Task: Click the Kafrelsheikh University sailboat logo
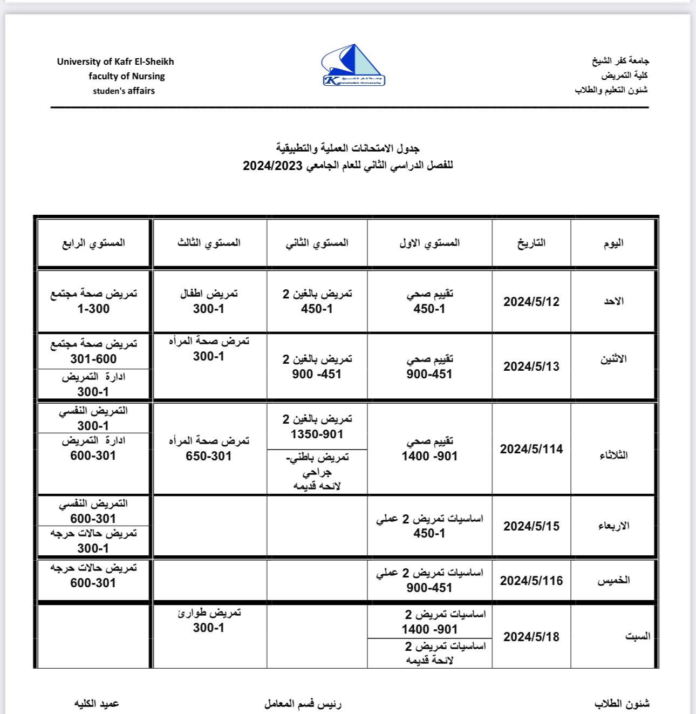(x=353, y=66)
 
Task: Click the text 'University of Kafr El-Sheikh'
(x=115, y=62)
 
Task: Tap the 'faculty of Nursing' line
(x=127, y=76)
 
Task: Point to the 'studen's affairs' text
(x=124, y=91)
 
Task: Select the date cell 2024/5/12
(x=531, y=302)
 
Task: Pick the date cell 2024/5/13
(x=531, y=366)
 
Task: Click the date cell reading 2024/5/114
(x=531, y=449)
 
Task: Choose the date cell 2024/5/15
(x=531, y=526)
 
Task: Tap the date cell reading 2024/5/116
(x=531, y=581)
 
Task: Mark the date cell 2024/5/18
(x=531, y=637)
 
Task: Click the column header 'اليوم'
(x=613, y=243)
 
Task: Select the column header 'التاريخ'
(x=531, y=243)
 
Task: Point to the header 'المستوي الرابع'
(x=93, y=243)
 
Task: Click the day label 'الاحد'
(x=613, y=301)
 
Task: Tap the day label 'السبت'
(x=637, y=637)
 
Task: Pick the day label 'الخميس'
(x=613, y=581)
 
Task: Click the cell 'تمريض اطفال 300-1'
(x=209, y=301)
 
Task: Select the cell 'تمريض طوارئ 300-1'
(x=209, y=620)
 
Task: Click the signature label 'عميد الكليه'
(x=97, y=704)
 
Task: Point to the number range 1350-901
(x=317, y=434)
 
